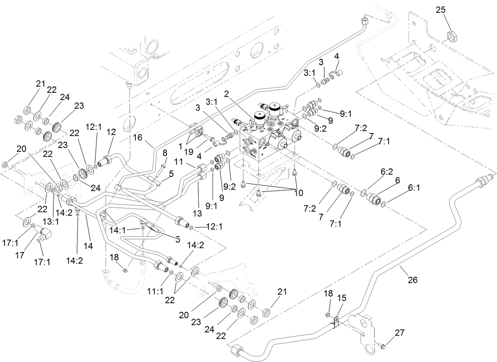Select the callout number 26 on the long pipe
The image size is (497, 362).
(412, 280)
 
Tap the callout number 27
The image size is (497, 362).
(400, 332)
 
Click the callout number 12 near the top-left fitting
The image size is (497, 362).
(111, 131)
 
